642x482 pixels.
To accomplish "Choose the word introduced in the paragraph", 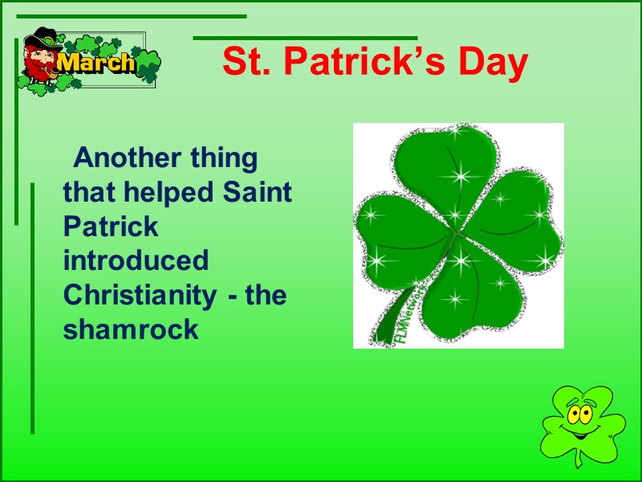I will [x=136, y=261].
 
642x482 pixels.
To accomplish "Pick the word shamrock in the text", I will [x=130, y=330].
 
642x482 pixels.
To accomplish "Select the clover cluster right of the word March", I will [x=147, y=63].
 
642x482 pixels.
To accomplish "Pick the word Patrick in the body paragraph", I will [x=111, y=227].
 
